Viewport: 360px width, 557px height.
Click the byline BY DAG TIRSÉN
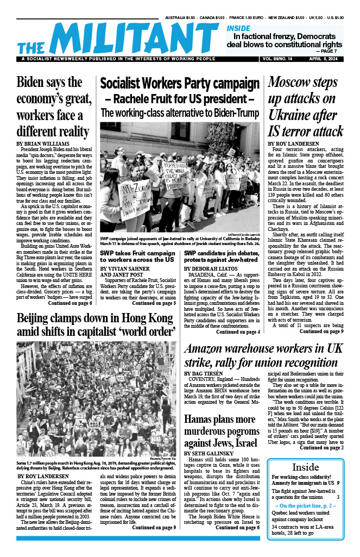point(207,374)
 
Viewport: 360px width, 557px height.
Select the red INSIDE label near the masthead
point(238,28)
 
